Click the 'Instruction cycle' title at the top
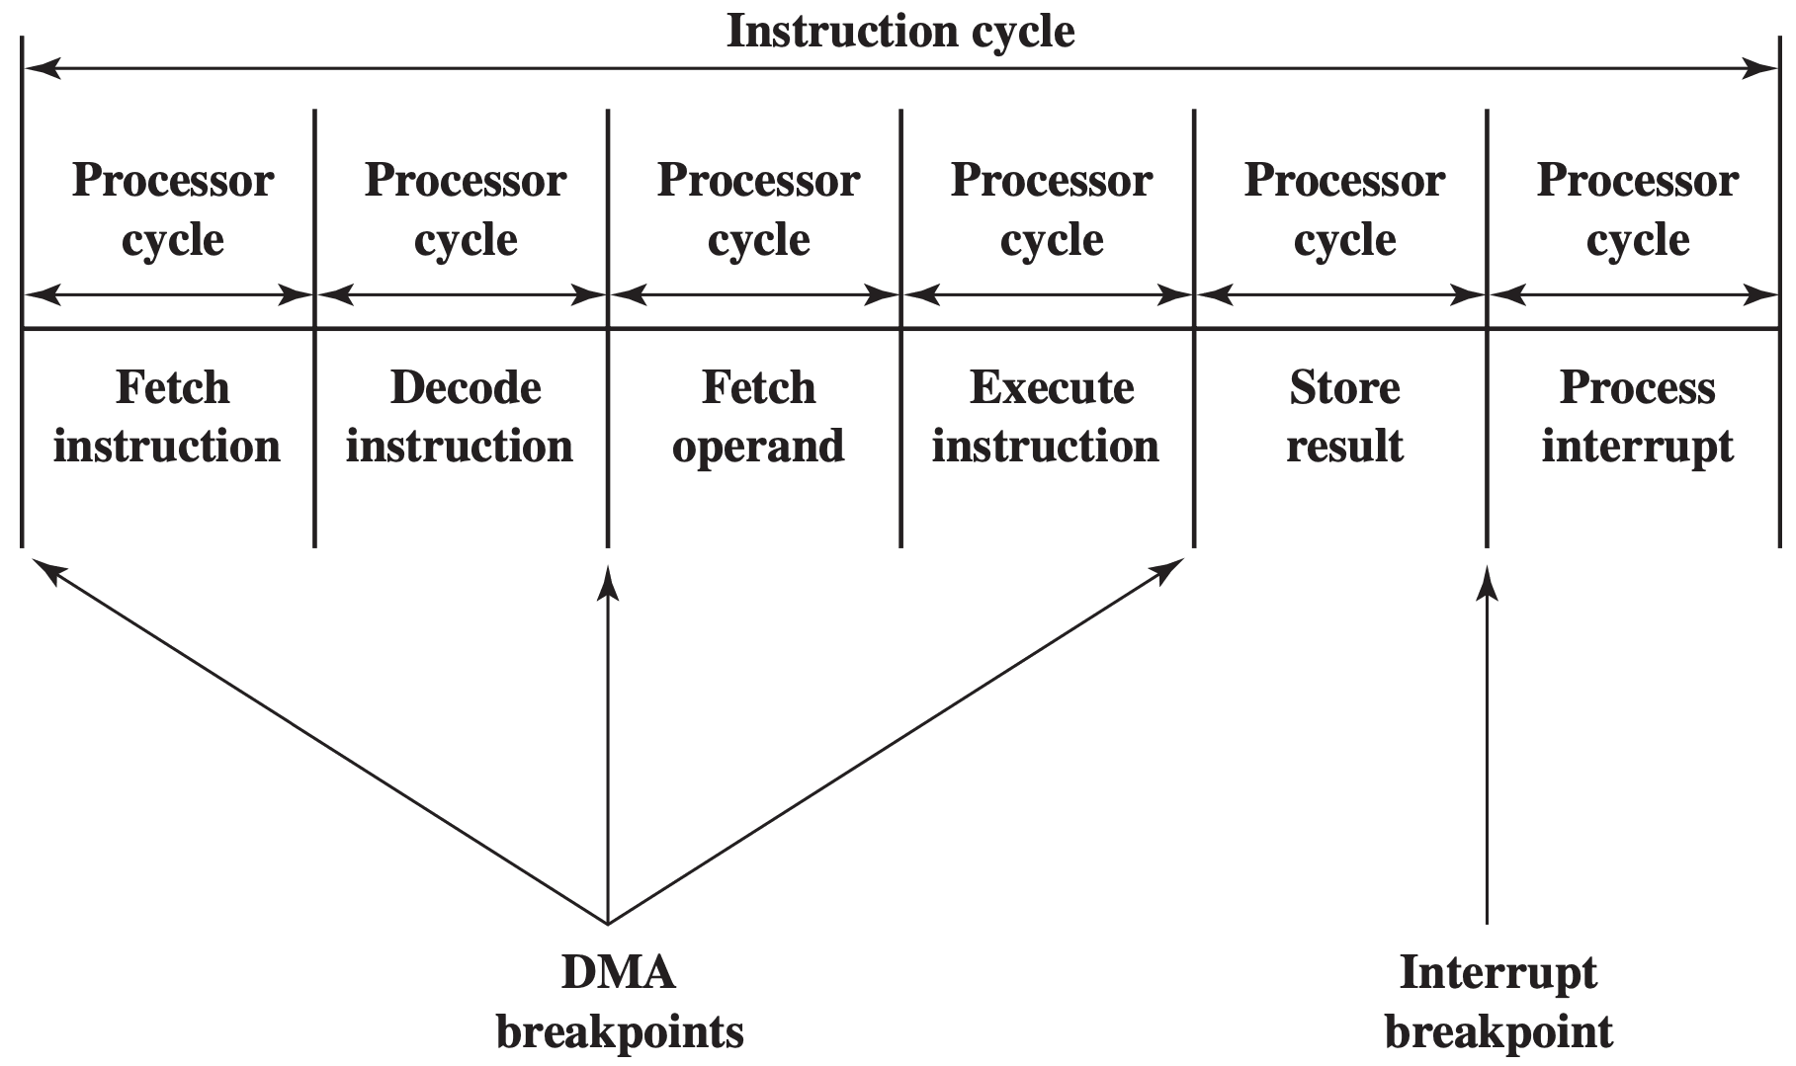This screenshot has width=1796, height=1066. point(900,31)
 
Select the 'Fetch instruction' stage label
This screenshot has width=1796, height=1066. point(167,416)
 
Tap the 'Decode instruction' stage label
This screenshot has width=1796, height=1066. point(460,416)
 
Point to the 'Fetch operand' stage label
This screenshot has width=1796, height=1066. point(758,416)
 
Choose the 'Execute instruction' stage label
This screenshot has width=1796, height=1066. point(1046,416)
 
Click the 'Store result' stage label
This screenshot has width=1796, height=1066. point(1344,416)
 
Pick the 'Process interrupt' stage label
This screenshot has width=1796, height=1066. point(1637,416)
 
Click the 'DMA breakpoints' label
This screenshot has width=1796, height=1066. point(620,1002)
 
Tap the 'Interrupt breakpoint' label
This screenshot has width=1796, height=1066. point(1498,1002)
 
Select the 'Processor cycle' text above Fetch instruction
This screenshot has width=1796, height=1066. point(173,209)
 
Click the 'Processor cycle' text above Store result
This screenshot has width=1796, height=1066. point(1344,209)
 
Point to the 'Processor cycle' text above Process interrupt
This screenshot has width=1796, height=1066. point(1638,209)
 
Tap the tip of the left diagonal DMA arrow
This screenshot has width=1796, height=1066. point(34,558)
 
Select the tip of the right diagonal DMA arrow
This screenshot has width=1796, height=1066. point(1184,558)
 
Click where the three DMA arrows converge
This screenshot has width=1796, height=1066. point(608,925)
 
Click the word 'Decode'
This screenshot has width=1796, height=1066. point(466,387)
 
